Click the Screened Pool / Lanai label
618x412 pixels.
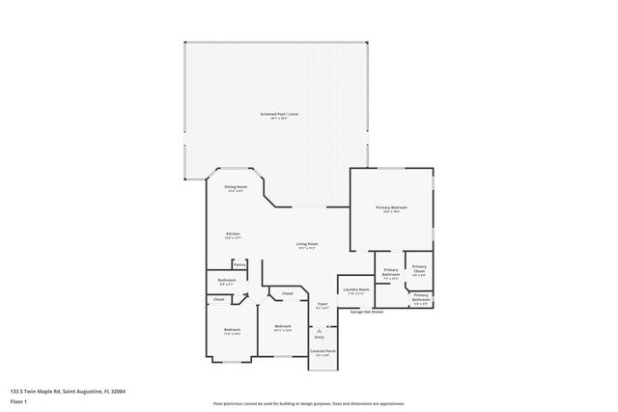coord(279,115)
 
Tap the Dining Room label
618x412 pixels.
coord(236,188)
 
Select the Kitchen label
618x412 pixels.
coord(233,235)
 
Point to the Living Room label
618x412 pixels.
coord(307,245)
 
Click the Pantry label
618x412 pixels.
coord(239,263)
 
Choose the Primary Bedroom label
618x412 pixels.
coord(391,208)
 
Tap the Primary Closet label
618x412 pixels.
coord(418,270)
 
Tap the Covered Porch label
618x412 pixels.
coord(323,352)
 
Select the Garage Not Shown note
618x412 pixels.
coord(367,312)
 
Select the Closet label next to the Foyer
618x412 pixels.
coord(288,293)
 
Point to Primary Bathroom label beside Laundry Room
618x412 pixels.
coord(390,273)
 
